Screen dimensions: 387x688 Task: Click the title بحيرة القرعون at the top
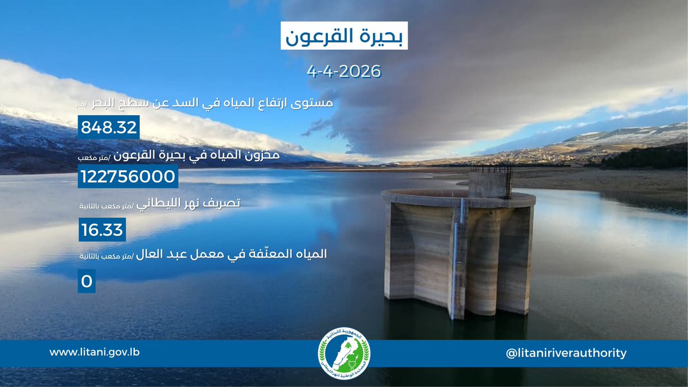(343, 37)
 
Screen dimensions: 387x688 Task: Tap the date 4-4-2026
(343, 72)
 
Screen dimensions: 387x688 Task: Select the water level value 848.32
(109, 127)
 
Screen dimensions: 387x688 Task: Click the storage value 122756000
(128, 177)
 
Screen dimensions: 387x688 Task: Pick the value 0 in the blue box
(87, 282)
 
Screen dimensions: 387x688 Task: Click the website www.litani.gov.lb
(94, 352)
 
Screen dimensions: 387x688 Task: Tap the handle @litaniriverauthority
(566, 353)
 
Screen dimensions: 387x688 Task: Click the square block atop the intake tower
(490, 183)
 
